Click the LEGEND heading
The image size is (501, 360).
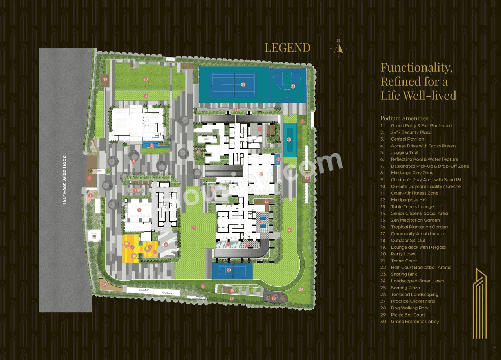[287, 48]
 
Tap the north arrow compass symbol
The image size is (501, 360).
[338, 47]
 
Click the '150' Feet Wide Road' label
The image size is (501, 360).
[65, 180]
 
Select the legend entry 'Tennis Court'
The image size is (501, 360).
[404, 261]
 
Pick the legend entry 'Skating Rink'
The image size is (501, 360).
[404, 274]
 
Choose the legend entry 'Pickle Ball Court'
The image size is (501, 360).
[407, 315]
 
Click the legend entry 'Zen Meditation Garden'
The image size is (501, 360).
[415, 220]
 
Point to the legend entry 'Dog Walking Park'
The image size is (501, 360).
[409, 308]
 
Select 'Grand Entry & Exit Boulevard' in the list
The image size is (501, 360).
[421, 126]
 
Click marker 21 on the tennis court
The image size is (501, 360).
[243, 84]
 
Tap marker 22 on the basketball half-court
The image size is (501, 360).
[293, 86]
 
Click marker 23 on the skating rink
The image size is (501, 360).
[289, 139]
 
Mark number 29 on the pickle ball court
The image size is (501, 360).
[229, 270]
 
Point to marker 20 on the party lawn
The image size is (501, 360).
[145, 79]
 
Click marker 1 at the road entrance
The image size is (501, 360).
[90, 178]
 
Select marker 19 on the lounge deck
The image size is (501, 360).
[105, 79]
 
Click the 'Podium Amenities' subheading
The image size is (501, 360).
[404, 118]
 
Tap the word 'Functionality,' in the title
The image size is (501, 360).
[416, 68]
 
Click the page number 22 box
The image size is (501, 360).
[494, 346]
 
